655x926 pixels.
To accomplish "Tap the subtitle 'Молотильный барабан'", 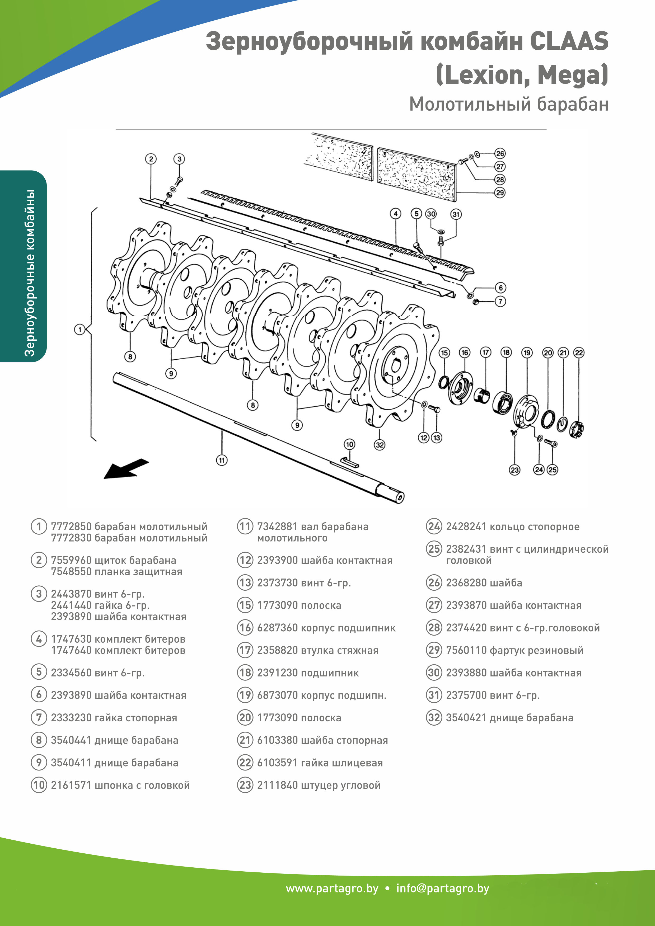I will tap(509, 105).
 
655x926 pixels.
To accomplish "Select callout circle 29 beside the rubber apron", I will tap(500, 193).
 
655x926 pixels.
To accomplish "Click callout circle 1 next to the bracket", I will tap(79, 330).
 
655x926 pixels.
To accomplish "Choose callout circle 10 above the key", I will tap(349, 444).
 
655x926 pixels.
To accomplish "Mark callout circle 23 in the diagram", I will tap(515, 470).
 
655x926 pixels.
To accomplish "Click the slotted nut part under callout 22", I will tap(577, 429).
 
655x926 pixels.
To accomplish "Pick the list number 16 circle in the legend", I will tap(245, 628).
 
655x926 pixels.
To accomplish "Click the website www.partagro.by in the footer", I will tap(332, 889).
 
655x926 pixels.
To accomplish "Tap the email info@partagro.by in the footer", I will tap(442, 889).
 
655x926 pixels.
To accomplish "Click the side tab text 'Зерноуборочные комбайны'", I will tap(30, 273).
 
